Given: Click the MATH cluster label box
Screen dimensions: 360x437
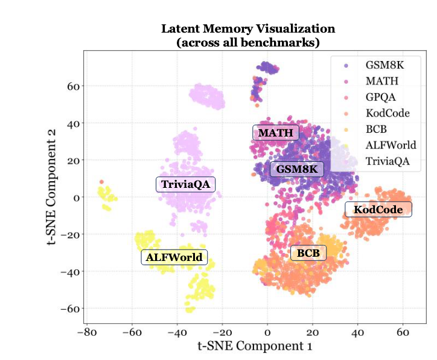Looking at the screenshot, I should (275, 133).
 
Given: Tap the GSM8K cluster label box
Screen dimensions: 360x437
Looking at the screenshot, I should (296, 169).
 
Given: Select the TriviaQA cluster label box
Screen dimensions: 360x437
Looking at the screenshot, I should (186, 185).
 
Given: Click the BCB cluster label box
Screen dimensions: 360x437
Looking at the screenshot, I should (308, 253).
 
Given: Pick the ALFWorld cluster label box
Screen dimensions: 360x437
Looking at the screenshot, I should (174, 258).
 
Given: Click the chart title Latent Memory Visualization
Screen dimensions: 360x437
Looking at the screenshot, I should (247, 28).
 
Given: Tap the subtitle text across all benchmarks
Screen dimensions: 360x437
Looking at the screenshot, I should (247, 42).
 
